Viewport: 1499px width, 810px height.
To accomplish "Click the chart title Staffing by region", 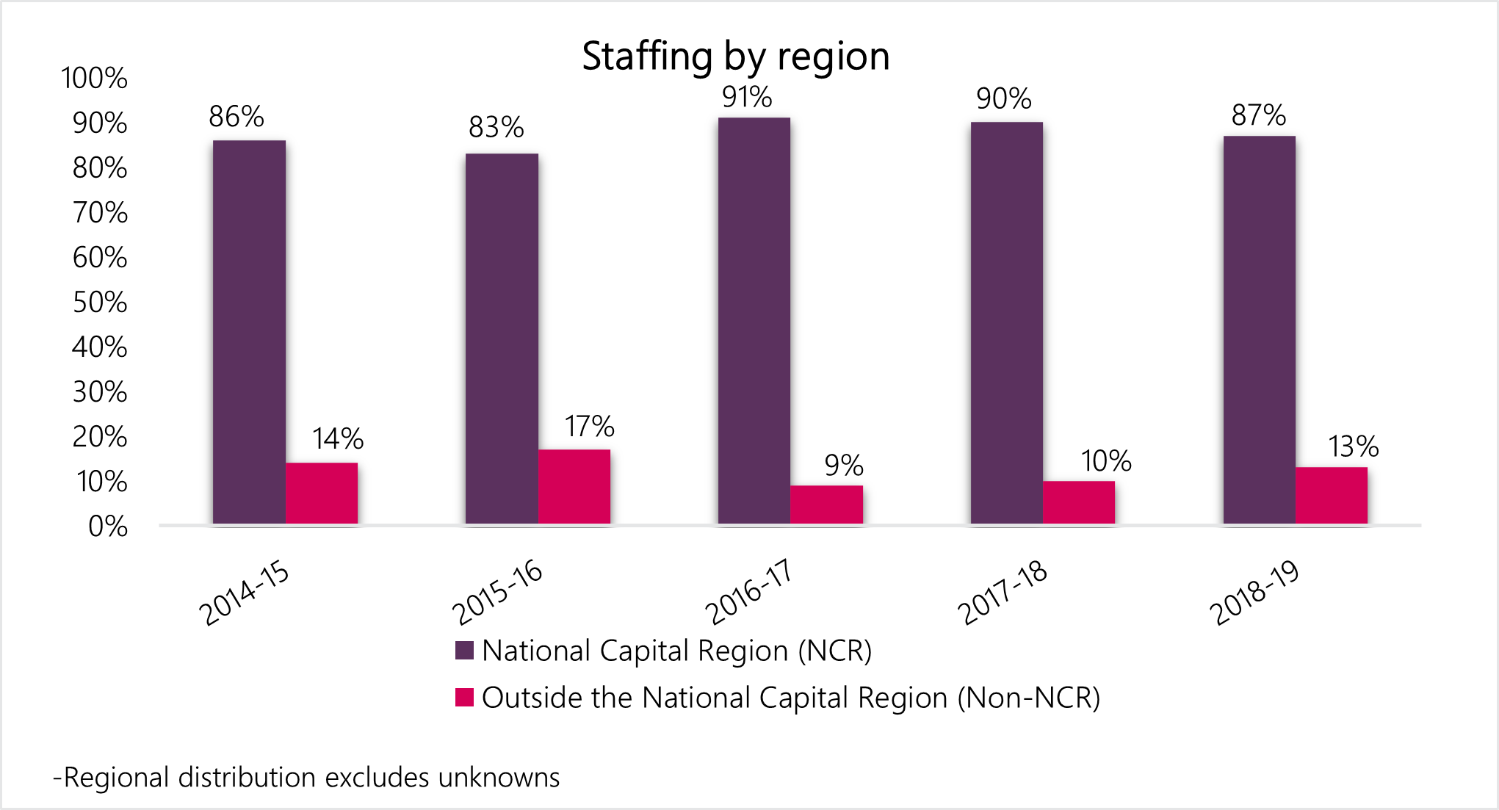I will pos(735,57).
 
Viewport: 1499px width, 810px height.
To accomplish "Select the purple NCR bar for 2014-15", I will pos(249,332).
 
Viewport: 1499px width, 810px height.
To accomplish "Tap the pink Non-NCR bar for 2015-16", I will pos(574,486).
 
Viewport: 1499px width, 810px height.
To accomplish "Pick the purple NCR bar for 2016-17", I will pos(754,321).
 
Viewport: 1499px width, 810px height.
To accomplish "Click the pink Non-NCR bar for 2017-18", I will pos(1079,502).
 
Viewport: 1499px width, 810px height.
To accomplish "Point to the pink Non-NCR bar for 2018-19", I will pos(1332,496).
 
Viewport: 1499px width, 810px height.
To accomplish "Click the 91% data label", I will pos(747,98).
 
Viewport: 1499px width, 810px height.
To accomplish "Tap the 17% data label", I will pos(589,427).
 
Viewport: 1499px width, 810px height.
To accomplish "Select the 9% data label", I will pos(843,466).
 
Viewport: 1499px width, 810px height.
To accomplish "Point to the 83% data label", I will pos(496,128).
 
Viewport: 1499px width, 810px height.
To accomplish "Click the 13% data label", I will pos(1353,447).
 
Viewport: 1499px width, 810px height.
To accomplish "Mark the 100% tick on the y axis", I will pos(94,79).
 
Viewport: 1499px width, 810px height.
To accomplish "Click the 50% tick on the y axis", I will pos(100,303).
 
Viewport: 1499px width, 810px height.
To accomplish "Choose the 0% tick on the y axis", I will pos(108,527).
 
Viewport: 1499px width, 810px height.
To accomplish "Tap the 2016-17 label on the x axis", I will pos(749,591).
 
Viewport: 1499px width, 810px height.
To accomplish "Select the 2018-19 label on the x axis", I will pos(1254,591).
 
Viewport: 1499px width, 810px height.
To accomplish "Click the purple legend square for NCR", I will pos(464,651).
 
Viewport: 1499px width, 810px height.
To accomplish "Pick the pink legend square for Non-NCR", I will pos(464,697).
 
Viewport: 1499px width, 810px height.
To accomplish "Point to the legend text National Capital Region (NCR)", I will pos(676,651).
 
